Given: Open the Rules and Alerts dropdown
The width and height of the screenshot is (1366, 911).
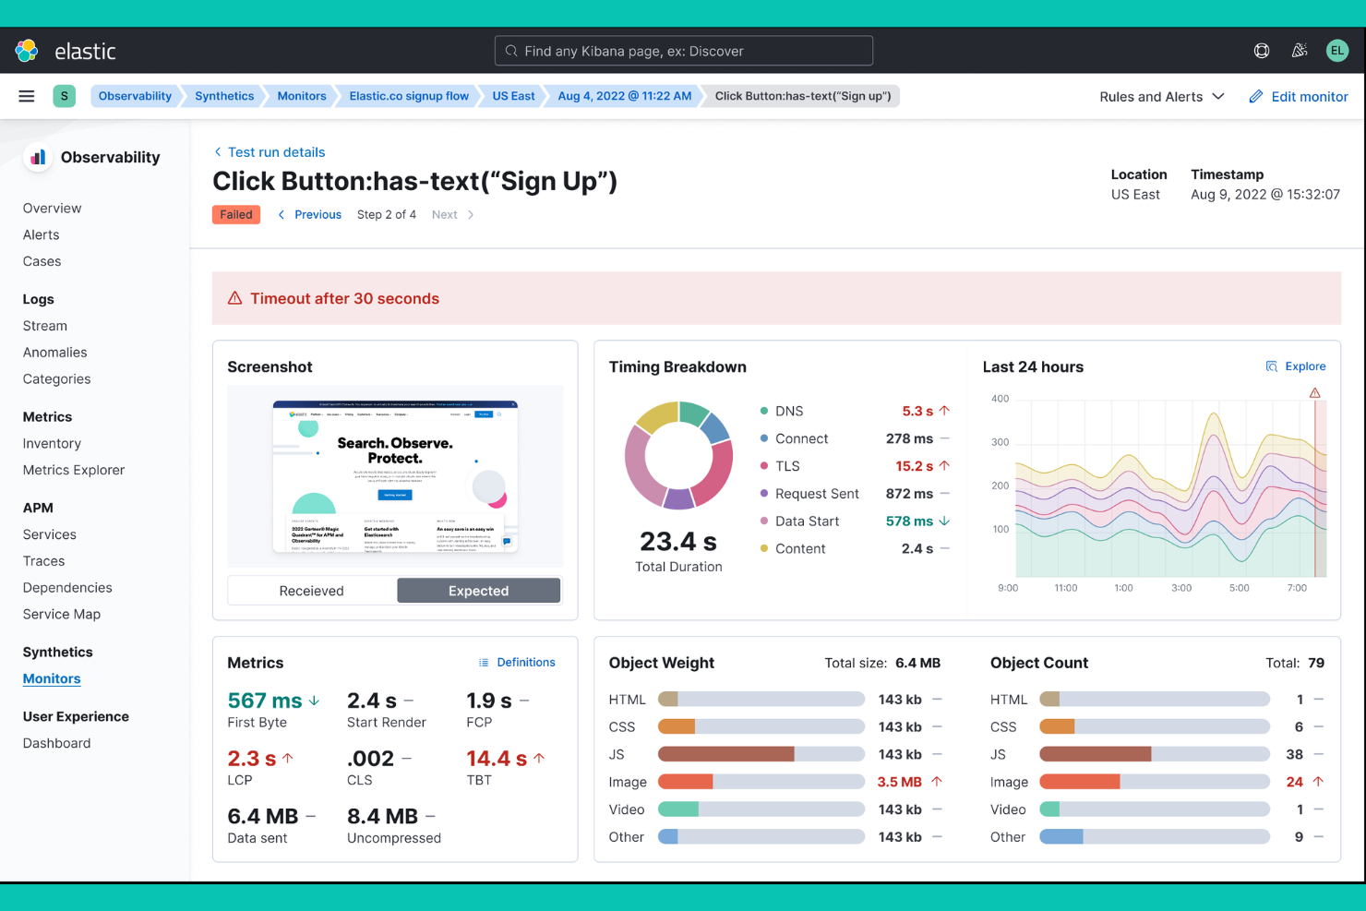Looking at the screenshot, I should pos(1161,97).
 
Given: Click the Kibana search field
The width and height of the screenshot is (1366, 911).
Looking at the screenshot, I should pos(684,51).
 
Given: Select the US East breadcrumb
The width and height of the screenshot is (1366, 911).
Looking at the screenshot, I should pos(513,96).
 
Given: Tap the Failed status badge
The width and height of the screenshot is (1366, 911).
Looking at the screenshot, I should pos(236,215).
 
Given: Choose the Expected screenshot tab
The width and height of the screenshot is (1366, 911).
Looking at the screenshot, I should pos(478,591).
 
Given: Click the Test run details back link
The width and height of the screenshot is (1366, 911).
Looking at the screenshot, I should pos(276,152).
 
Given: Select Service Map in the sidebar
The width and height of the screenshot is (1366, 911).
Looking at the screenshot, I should pos(62,615).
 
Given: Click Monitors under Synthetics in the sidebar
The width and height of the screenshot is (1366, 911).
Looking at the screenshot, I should pos(52,678).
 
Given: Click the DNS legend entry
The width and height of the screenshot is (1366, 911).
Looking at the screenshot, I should pos(788,411).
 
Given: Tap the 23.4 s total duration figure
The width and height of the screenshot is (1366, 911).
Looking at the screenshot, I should pos(678,541).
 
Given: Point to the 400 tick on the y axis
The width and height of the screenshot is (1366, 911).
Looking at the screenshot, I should pos(1001,399).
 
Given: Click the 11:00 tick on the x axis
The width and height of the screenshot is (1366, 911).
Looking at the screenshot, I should pos(1065,588).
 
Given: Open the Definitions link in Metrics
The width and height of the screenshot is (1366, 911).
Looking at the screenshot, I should pos(525,663).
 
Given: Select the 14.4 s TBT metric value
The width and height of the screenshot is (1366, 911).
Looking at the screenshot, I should pos(497,759).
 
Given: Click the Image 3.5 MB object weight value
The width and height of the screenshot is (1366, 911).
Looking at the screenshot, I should pos(899,782).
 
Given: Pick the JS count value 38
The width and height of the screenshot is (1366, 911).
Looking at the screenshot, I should pos(1294,754).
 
